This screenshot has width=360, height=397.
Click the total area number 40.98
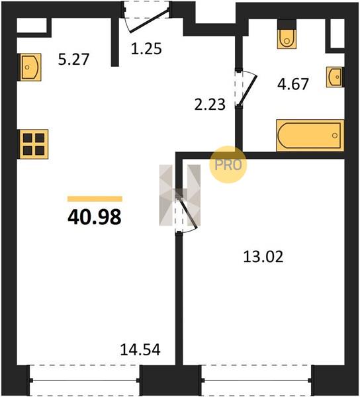[x=95, y=218]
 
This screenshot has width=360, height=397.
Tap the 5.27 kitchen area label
[x=73, y=60]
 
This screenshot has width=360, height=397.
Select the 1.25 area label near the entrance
[x=146, y=48]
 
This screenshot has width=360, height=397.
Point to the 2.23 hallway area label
[x=210, y=105]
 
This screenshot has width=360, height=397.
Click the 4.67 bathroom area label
[x=293, y=84]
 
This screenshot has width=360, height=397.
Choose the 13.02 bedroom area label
[x=263, y=257]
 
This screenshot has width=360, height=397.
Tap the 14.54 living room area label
[x=140, y=349]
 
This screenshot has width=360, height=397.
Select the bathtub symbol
[x=310, y=136]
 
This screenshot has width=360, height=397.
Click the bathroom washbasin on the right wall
[x=334, y=77]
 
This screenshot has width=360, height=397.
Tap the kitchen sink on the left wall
[x=30, y=67]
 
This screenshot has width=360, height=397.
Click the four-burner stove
[x=33, y=144]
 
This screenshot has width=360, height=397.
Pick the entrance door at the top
[x=147, y=18]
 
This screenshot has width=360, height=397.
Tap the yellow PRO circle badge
[x=228, y=165]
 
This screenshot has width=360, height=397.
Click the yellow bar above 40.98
[x=95, y=198]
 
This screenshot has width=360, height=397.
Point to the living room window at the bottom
[x=84, y=380]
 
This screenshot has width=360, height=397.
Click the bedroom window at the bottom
[x=256, y=380]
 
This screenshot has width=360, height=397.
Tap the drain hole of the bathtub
[x=335, y=136]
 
